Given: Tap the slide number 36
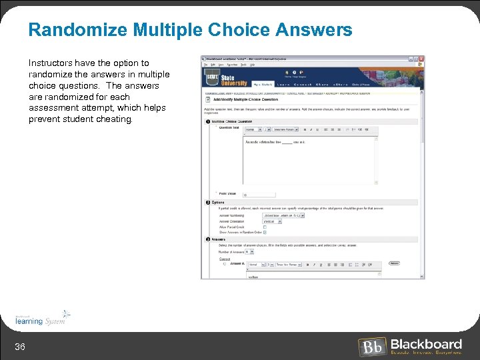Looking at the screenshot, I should (20, 345).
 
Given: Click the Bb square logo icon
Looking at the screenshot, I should (372, 347).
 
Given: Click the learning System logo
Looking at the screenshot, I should (42, 318).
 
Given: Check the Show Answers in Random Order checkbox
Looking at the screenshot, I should (265, 232).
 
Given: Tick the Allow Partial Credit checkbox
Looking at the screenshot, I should (265, 227).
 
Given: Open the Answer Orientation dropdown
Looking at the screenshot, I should (270, 221).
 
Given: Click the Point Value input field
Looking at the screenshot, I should (259, 195).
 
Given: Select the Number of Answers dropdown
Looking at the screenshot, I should (249, 252).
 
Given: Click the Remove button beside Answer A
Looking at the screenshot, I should (394, 263).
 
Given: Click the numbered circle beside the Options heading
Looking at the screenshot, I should (207, 202).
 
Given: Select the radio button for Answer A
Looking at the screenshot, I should (224, 264).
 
